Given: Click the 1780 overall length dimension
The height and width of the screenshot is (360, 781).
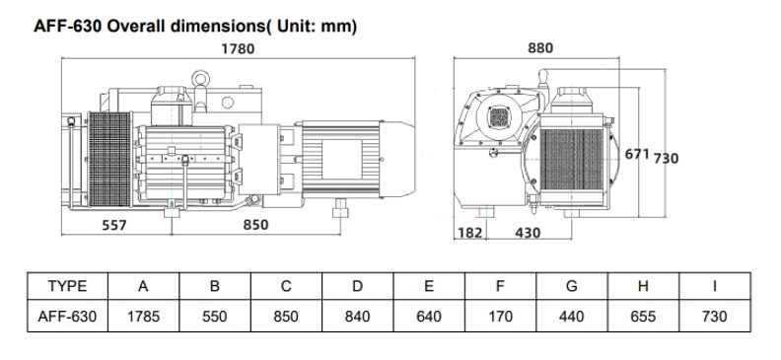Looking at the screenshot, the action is pyautogui.click(x=238, y=48).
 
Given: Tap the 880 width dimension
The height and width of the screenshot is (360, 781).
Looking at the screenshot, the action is pyautogui.click(x=540, y=47).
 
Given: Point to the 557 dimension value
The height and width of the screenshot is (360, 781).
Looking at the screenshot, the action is pyautogui.click(x=114, y=225).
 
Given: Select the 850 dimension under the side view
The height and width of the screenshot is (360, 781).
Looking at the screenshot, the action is pyautogui.click(x=256, y=225).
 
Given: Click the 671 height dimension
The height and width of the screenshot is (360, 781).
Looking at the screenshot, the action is pyautogui.click(x=637, y=154).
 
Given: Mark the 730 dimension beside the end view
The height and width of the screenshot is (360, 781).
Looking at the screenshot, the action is pyautogui.click(x=666, y=159).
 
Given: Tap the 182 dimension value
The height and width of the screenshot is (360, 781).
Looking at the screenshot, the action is pyautogui.click(x=469, y=233).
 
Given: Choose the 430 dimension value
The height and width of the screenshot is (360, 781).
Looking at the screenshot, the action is pyautogui.click(x=528, y=233).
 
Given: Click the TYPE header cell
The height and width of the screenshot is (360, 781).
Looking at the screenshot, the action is pyautogui.click(x=67, y=286).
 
